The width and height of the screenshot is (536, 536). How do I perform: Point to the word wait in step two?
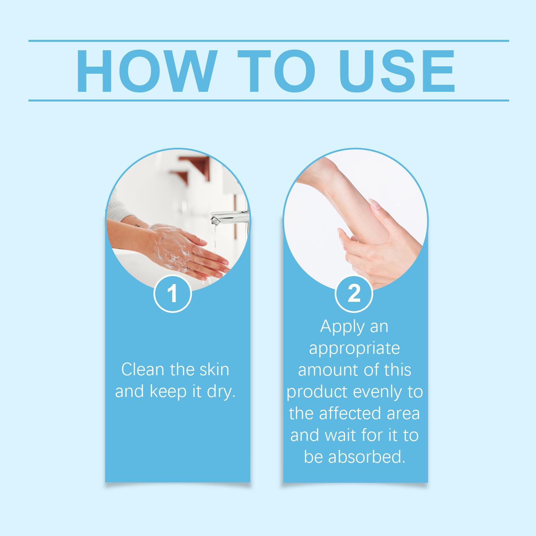coord(336,435)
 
